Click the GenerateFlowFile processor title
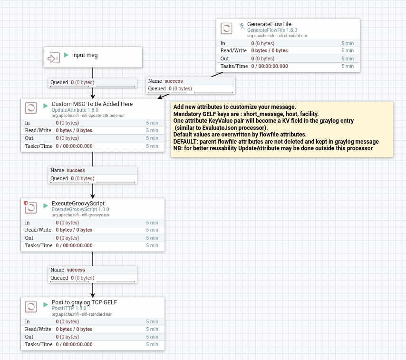point(269,24)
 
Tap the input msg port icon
point(53,58)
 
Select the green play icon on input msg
point(67,55)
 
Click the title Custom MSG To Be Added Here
point(92,104)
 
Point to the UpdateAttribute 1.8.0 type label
point(75,110)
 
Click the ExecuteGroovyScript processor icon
point(31,208)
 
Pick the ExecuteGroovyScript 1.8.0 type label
point(80,209)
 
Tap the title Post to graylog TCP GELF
point(84,302)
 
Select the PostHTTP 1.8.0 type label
point(69,308)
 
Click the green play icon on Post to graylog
point(46,304)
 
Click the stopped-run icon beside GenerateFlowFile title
point(242,26)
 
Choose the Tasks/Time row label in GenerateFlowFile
point(234,66)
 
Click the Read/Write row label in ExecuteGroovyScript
point(38,230)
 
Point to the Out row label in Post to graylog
point(29,337)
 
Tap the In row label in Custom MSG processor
point(28,123)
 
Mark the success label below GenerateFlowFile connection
point(174,81)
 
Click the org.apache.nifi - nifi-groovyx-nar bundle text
point(80,215)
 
